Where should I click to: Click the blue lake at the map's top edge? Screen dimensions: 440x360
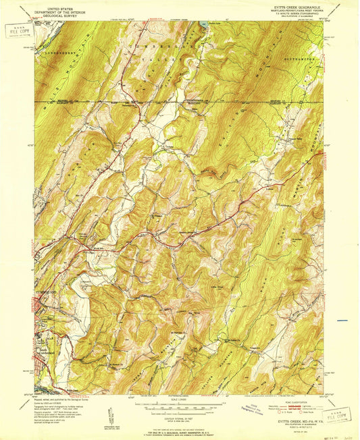click(x=202, y=24)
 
